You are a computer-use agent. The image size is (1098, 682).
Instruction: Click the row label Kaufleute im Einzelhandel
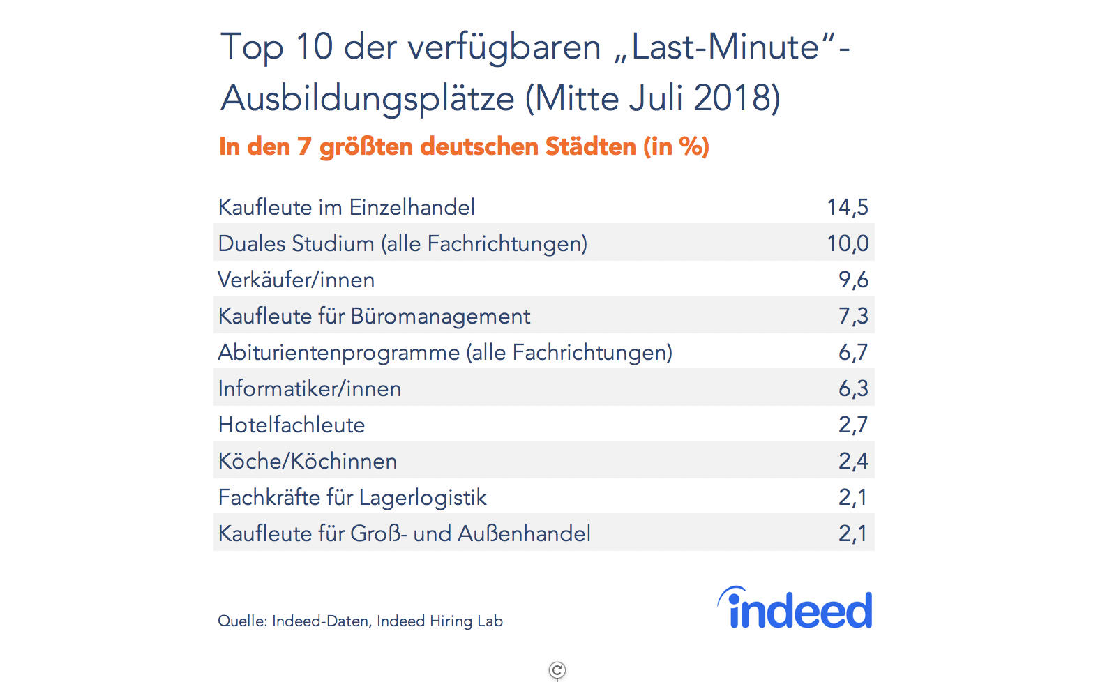coord(346,207)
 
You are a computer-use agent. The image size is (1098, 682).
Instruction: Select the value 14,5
coord(847,207)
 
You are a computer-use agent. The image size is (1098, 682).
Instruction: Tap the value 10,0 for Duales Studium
coord(847,243)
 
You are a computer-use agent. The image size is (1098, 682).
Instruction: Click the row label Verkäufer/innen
coord(296,280)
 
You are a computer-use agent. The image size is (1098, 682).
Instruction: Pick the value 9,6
coord(852,280)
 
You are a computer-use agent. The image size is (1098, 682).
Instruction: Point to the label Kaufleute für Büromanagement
coord(374,316)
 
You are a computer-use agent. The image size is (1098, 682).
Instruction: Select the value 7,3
coord(852,316)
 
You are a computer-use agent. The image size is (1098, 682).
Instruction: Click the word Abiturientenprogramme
coord(338,353)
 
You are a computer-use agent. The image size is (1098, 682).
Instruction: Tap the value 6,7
coord(852,352)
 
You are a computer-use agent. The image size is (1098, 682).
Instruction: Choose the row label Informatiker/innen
coord(309,388)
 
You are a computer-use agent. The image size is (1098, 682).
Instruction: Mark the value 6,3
coord(852,388)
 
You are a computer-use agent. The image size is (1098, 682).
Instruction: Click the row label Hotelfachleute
coord(291,425)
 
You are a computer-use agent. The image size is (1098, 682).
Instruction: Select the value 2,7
coord(852,425)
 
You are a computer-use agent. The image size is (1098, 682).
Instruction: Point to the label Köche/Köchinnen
coord(307,461)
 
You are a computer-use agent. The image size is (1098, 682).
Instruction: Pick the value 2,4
coord(852,461)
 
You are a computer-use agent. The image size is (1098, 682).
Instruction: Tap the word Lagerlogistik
coord(422,498)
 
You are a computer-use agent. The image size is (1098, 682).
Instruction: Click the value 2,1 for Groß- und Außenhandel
coord(852,533)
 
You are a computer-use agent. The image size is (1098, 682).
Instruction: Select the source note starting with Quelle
coord(360,621)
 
